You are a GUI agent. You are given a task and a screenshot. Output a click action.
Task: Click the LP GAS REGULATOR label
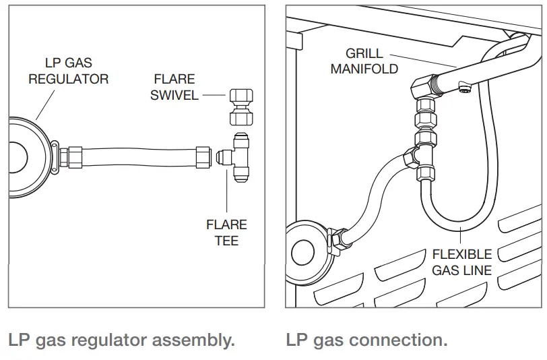tap(68, 71)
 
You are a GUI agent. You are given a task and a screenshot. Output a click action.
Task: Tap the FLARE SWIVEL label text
tap(174, 88)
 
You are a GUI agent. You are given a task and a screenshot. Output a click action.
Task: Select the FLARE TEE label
tap(226, 232)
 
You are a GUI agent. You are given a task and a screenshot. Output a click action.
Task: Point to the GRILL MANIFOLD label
tap(364, 61)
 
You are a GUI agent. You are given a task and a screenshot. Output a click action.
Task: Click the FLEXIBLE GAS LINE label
tap(462, 262)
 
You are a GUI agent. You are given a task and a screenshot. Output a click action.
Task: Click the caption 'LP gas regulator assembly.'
tap(122, 340)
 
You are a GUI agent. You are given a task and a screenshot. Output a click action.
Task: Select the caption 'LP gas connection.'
tap(366, 340)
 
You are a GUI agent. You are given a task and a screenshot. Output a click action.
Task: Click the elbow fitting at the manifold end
tap(424, 87)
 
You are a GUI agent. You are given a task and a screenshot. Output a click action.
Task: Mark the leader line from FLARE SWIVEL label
tap(213, 95)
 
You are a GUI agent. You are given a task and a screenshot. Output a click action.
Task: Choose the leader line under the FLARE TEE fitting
tap(226, 196)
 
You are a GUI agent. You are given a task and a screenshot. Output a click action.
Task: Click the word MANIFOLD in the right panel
tap(364, 68)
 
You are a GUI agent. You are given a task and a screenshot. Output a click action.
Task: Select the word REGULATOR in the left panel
tap(68, 79)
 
